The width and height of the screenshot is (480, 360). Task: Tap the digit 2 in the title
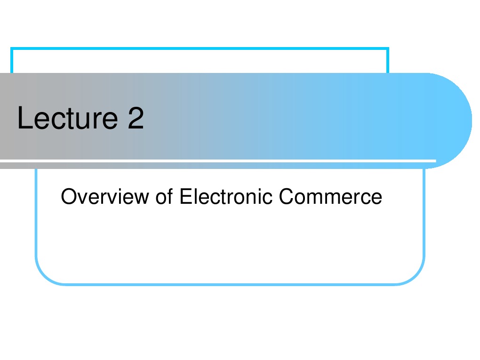tap(135, 119)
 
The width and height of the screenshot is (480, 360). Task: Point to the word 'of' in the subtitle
tap(163, 196)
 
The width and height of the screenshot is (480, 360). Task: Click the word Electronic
tap(226, 196)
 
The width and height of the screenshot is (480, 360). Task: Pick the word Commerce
tap(330, 196)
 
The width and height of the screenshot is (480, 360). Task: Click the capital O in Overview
tap(68, 196)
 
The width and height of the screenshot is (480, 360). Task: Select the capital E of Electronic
tap(184, 196)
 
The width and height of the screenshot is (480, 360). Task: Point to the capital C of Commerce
tap(286, 196)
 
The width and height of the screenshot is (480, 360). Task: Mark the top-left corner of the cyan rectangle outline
tap(12, 48)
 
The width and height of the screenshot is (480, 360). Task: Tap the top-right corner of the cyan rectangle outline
tap(388, 48)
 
